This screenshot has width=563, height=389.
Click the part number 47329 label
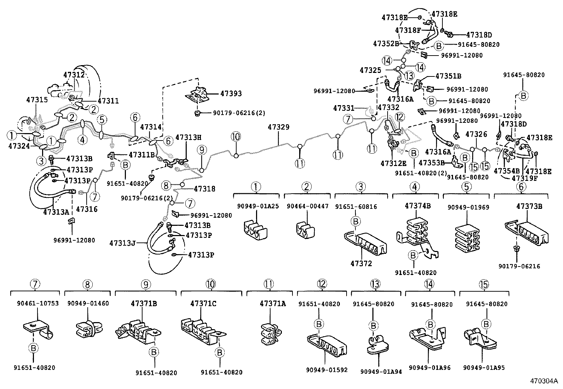click(x=278, y=127)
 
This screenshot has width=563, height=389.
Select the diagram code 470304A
click(x=544, y=381)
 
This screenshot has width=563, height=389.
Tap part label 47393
click(x=231, y=93)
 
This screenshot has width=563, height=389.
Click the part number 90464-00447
click(x=307, y=206)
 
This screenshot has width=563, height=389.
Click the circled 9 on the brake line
click(x=202, y=150)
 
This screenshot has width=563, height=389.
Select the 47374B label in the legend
click(x=418, y=206)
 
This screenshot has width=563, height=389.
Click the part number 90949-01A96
click(x=430, y=368)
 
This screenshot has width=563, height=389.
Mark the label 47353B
click(x=431, y=162)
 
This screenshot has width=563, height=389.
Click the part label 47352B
click(x=386, y=44)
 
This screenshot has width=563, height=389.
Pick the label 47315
click(x=36, y=100)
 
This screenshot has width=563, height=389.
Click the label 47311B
click(x=141, y=155)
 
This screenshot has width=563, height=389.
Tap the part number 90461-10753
click(x=38, y=303)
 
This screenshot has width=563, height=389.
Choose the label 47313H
click(x=188, y=137)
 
